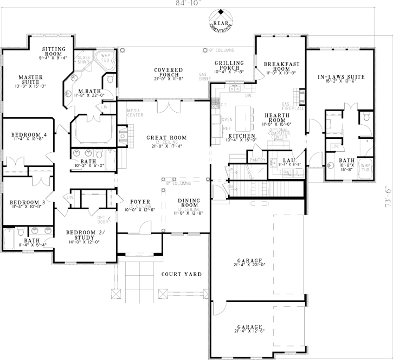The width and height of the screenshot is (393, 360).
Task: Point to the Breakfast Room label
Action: click(279, 68)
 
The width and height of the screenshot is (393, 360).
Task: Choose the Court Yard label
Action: click(182, 274)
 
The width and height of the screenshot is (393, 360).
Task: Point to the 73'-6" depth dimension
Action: click(387, 195)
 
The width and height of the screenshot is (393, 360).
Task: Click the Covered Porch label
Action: click(167, 74)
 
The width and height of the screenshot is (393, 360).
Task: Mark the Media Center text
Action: click(135, 113)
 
